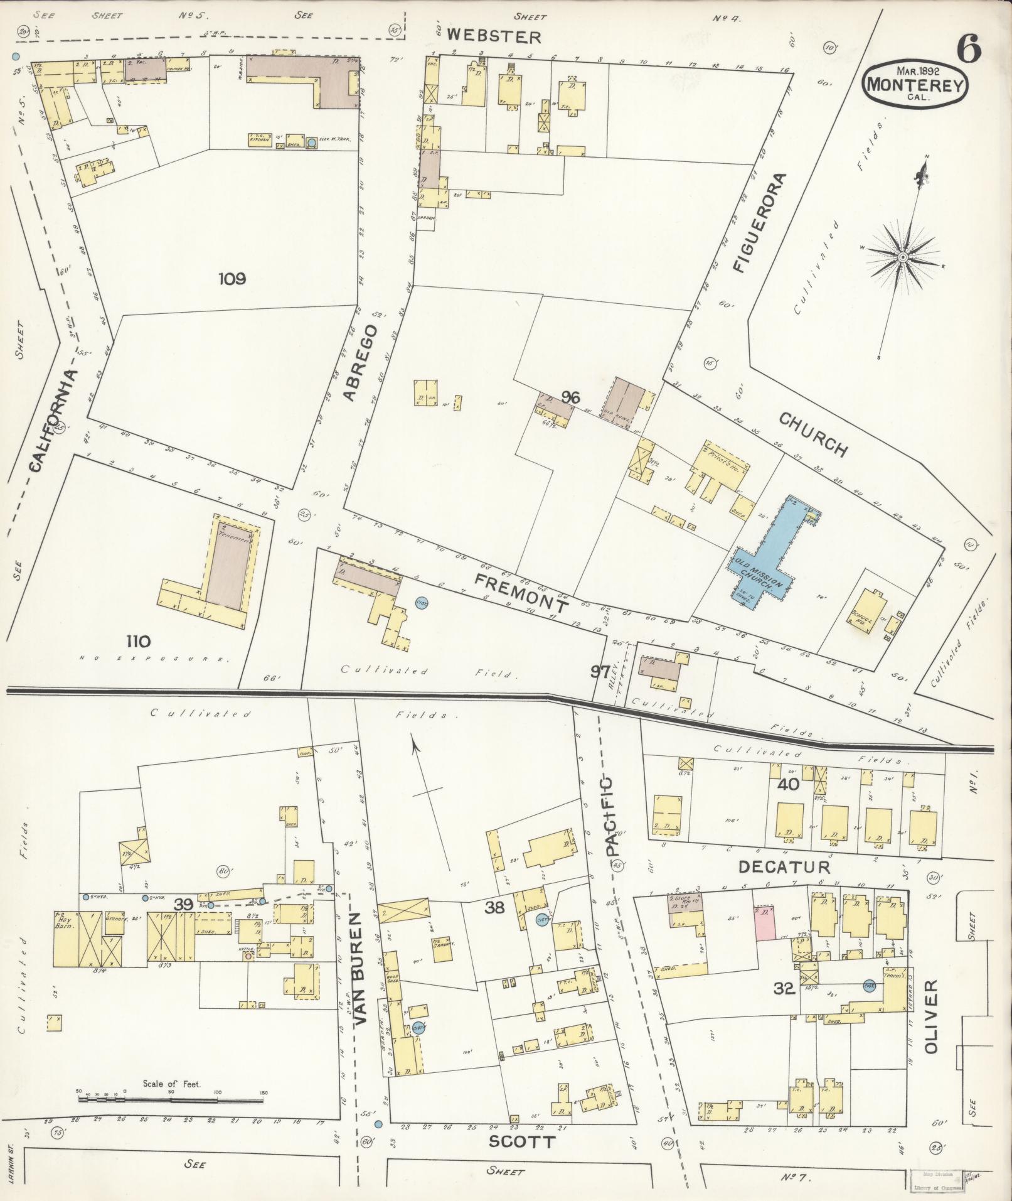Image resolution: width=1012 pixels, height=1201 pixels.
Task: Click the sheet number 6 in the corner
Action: pyautogui.click(x=969, y=48)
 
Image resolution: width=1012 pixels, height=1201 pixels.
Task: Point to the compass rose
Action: pyautogui.click(x=903, y=257)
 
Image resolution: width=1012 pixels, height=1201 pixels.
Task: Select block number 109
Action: pyautogui.click(x=232, y=279)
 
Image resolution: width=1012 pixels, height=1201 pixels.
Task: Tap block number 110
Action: pyautogui.click(x=138, y=642)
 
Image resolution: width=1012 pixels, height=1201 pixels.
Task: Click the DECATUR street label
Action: pyautogui.click(x=784, y=867)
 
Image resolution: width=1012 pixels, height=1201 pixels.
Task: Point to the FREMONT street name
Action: pyautogui.click(x=521, y=593)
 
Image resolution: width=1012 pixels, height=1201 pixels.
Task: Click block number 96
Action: pyautogui.click(x=570, y=397)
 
